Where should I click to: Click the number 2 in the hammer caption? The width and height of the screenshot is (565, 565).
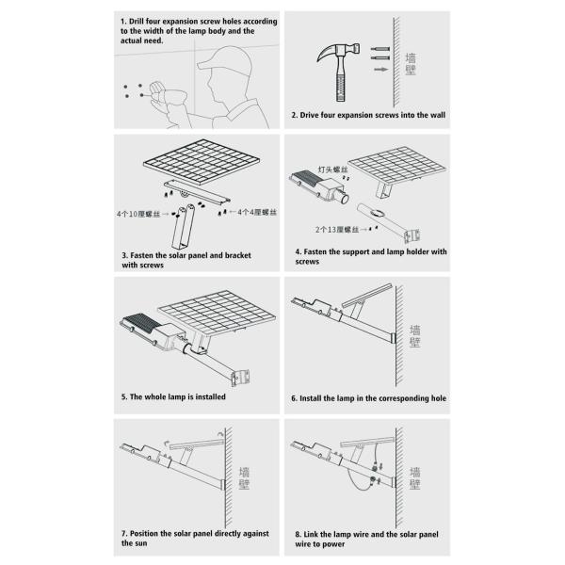point(294,116)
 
